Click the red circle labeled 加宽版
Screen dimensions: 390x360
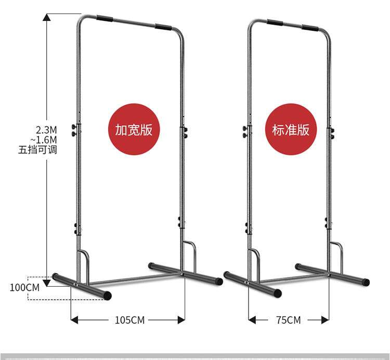tap(134, 130)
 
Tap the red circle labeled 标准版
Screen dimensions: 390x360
tap(291, 130)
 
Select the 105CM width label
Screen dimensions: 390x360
tap(129, 320)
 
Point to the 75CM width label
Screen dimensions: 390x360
tap(289, 320)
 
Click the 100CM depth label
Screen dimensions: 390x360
tap(24, 287)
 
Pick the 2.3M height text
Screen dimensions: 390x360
tap(46, 130)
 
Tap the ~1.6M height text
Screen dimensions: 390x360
tap(44, 140)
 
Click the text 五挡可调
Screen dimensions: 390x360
tap(37, 150)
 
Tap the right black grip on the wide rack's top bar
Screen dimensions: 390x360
tap(164, 27)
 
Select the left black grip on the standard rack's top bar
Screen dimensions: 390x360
tap(275, 23)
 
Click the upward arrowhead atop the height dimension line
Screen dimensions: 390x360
tap(47, 17)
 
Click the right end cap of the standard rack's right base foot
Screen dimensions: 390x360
tap(366, 282)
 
